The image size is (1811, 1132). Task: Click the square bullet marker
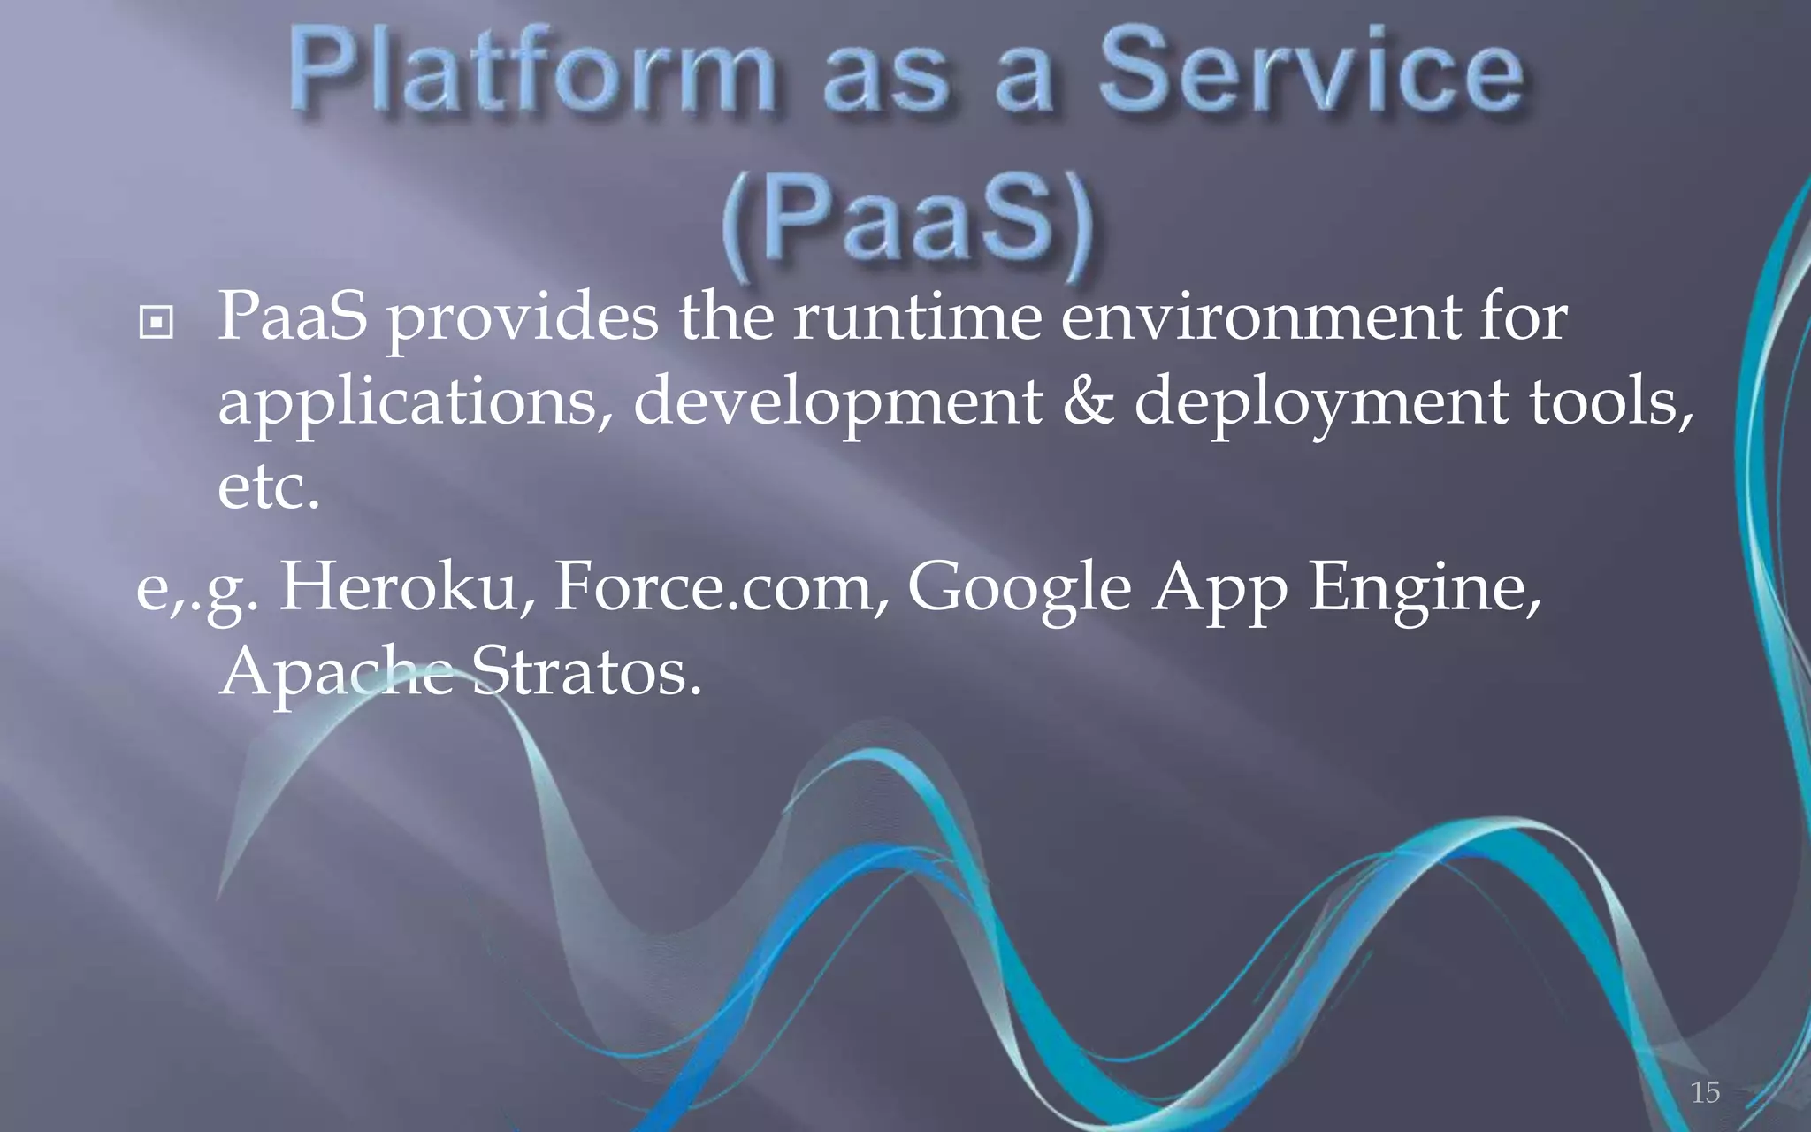point(157,323)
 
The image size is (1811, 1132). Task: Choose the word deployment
point(1321,402)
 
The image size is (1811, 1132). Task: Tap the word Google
point(1020,588)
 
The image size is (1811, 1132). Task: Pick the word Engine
point(1424,588)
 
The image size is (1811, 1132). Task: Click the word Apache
point(337,672)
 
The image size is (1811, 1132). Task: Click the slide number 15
point(1705,1092)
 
